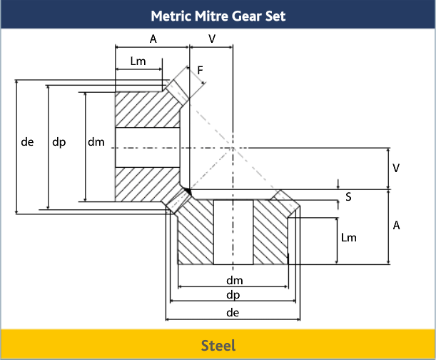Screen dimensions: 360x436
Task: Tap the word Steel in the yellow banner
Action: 218,346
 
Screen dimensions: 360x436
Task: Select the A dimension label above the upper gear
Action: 153,39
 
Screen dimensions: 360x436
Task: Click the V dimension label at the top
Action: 212,39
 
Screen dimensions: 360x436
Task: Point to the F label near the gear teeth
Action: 201,70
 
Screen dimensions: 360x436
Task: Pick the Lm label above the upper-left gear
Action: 138,61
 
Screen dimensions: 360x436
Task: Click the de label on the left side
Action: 28,142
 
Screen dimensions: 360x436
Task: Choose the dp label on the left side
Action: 59,142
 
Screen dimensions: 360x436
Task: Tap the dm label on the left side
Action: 96,142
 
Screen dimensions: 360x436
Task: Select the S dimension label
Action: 348,196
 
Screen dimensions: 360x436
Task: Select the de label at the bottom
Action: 232,313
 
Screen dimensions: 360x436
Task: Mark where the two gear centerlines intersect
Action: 233,148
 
